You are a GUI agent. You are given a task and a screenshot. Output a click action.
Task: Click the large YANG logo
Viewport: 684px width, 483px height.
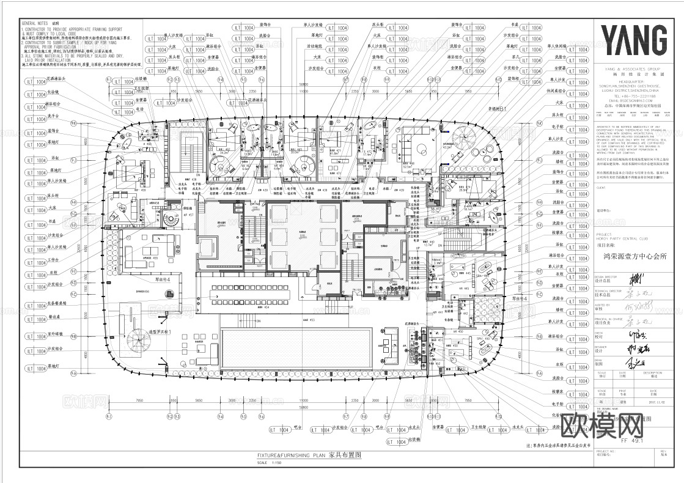coord(634,41)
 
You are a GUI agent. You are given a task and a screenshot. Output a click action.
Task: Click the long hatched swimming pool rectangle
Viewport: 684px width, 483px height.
coord(296,347)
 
